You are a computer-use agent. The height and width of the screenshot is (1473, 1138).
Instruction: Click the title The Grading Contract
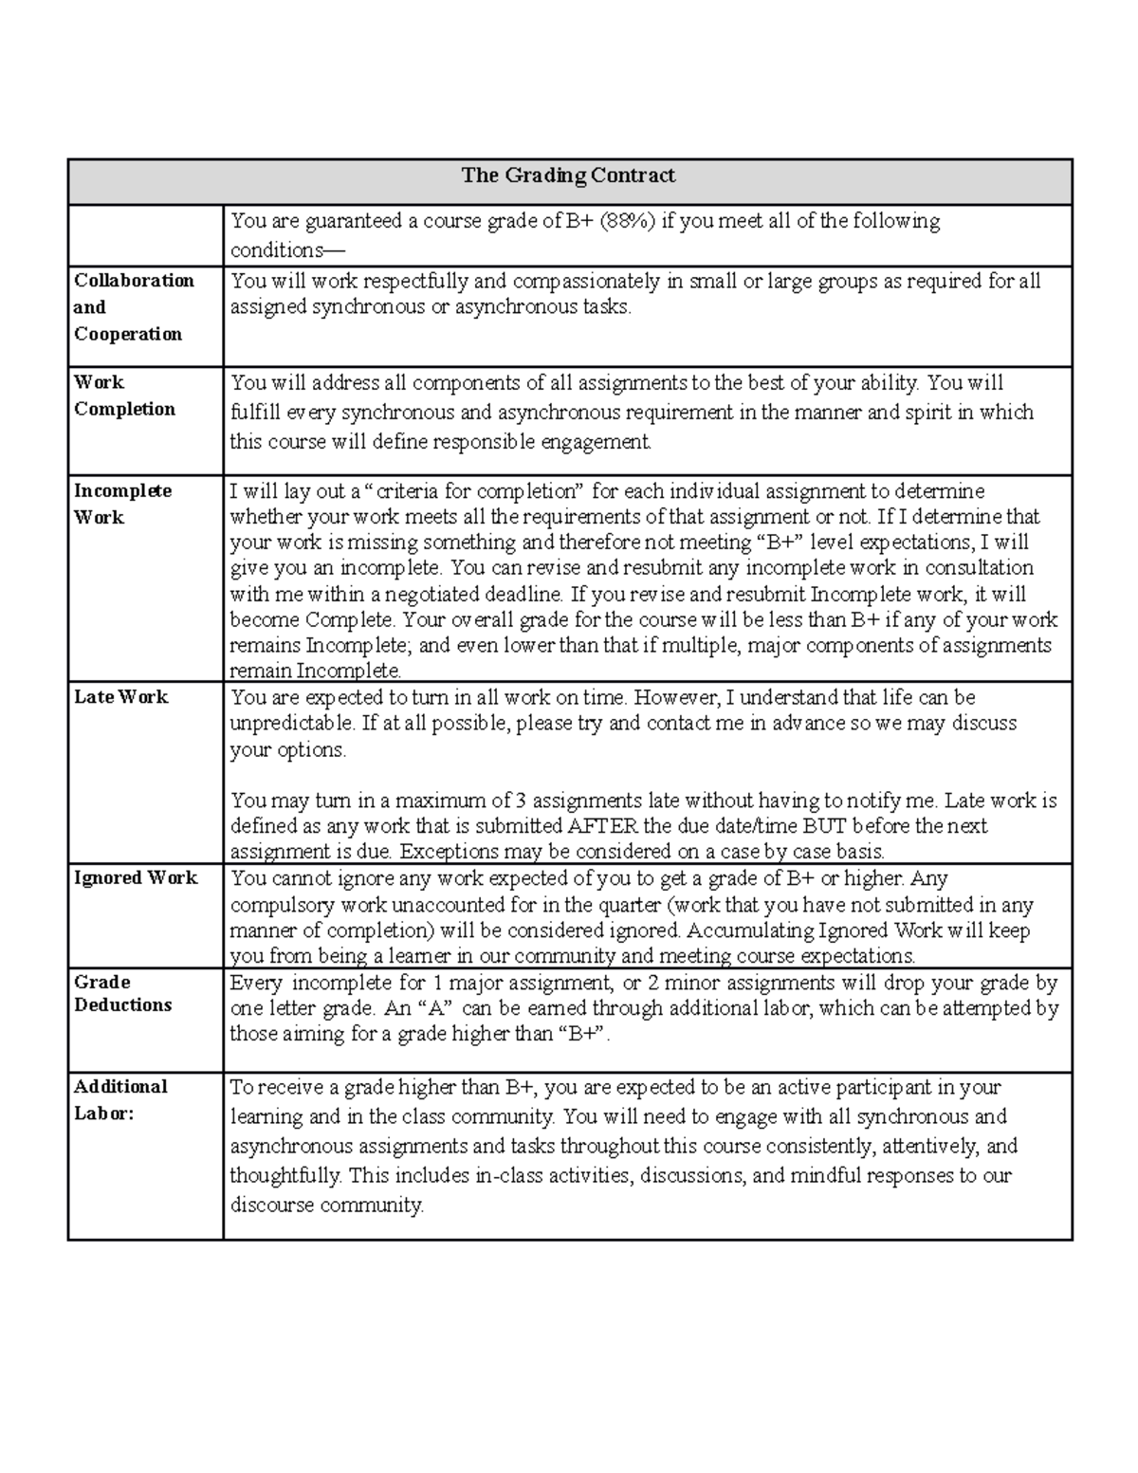(x=568, y=175)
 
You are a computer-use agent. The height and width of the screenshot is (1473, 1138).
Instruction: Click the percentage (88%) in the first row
(x=625, y=222)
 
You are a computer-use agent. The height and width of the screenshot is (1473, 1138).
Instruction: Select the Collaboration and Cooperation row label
(x=134, y=307)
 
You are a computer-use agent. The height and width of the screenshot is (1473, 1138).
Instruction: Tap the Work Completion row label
(x=124, y=396)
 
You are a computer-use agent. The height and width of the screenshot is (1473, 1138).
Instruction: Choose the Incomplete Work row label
(x=122, y=504)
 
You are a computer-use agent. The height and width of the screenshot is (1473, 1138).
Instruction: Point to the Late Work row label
(x=120, y=697)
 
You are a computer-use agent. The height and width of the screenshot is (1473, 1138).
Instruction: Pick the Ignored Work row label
(x=136, y=878)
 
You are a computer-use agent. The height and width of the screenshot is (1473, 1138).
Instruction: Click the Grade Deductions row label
(x=122, y=994)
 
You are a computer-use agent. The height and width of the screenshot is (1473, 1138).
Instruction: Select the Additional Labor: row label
(x=120, y=1100)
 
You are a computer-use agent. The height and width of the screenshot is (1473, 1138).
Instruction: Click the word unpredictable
(x=291, y=724)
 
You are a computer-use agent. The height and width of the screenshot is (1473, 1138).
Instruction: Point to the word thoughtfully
(x=284, y=1176)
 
